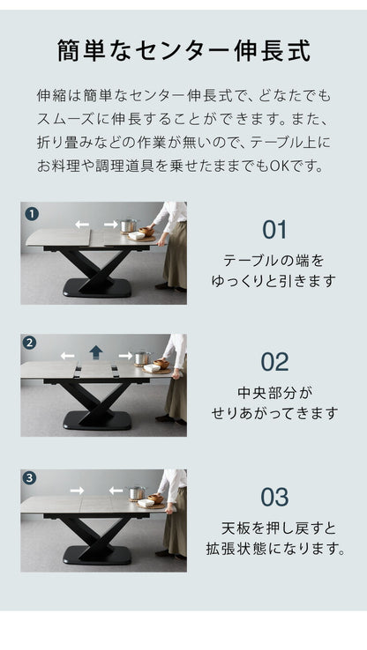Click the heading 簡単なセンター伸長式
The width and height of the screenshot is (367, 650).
click(183, 49)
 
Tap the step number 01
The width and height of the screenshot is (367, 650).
click(274, 230)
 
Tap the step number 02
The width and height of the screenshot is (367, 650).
click(274, 362)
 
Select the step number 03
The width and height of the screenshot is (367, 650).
click(274, 497)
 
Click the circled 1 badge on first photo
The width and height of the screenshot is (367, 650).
click(31, 213)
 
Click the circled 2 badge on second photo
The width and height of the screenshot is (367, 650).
click(31, 343)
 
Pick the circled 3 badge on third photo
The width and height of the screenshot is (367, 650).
click(31, 478)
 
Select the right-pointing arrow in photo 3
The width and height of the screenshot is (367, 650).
click(79, 490)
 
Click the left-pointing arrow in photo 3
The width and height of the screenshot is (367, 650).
click(114, 490)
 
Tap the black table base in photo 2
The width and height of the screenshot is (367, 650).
click(97, 414)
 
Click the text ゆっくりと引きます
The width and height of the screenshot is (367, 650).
click(274, 281)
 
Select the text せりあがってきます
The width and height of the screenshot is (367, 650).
click(274, 412)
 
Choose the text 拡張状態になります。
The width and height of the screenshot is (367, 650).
click(274, 549)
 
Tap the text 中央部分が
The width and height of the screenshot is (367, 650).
click(274, 393)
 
